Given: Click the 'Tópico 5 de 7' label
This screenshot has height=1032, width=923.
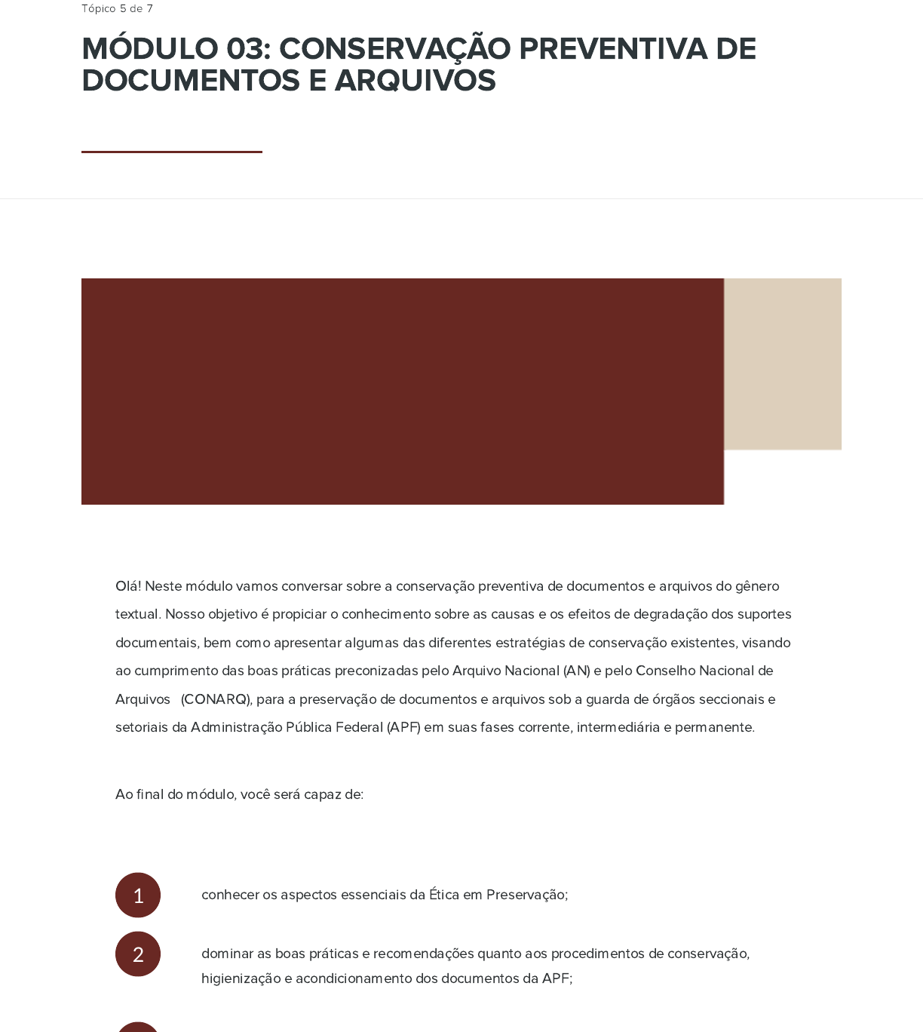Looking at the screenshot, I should coord(117,9).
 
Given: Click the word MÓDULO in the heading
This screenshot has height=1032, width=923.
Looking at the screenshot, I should coord(150,49).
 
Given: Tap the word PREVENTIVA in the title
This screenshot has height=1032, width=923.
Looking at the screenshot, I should coord(613,49).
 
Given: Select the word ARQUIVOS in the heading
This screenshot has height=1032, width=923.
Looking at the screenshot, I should coord(415,81).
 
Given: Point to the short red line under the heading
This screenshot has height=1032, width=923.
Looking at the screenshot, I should coord(171,152).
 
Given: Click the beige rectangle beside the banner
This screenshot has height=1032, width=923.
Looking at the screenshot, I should coord(783,364).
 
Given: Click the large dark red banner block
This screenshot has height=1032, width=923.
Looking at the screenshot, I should coord(402,391).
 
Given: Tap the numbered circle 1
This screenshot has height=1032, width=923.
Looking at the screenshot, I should coord(138,895).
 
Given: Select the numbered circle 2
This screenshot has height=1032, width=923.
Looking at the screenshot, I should coord(138,954).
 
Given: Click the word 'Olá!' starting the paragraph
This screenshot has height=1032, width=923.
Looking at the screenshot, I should coord(128,586).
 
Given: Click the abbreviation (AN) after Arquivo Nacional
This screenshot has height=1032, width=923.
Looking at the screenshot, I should coord(577,671).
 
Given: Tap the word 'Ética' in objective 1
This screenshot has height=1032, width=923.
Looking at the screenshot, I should coord(444,895).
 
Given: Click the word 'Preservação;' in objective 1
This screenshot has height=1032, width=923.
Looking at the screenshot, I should coord(527,895).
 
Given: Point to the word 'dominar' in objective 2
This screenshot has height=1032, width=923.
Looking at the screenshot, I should coord(227,954).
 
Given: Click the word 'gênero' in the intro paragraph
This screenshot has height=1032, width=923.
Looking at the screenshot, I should coord(758,586).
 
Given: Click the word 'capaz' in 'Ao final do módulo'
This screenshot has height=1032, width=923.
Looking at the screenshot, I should coord(322,794).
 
